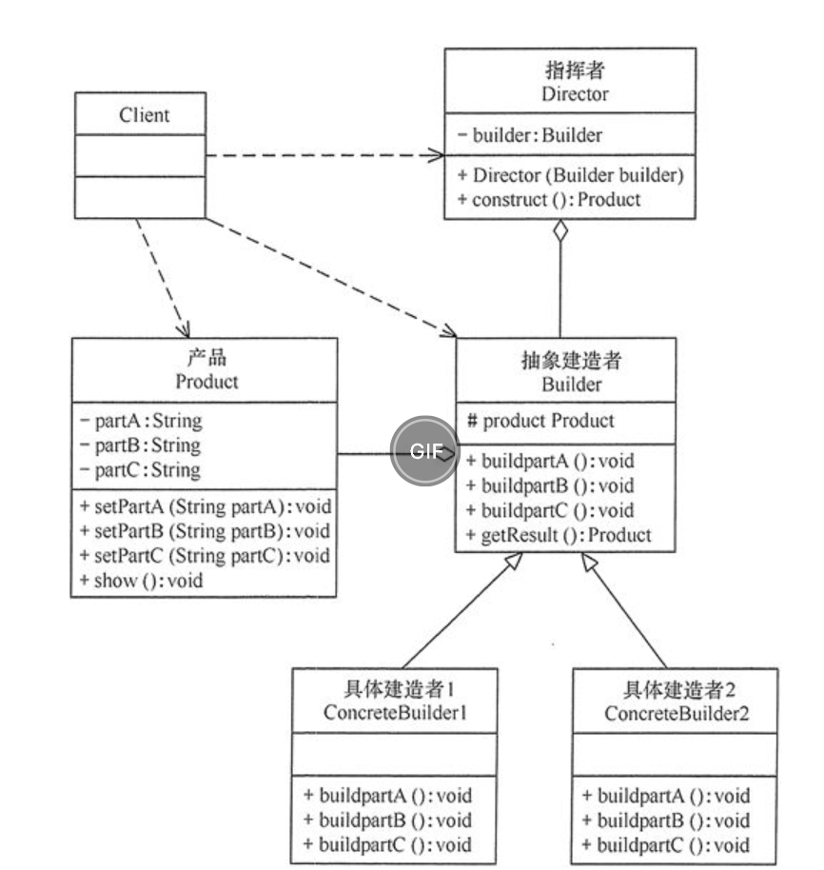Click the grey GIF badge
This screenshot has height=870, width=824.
coord(425,450)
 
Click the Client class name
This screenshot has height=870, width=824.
coord(145,115)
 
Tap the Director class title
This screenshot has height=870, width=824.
coord(575,94)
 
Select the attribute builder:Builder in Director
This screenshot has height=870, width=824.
coord(531,135)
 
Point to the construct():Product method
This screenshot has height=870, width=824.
coord(549,199)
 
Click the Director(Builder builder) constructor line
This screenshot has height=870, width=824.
coord(571,175)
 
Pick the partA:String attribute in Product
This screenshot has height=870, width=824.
coord(142,421)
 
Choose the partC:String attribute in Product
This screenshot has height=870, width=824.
coord(140,470)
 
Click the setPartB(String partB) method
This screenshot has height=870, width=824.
coord(206,531)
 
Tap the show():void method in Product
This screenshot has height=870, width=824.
coord(142,581)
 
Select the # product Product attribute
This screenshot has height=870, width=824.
coord(540,421)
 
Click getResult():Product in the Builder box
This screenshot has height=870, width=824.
coord(559,535)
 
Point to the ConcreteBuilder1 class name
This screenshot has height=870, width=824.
coord(396,712)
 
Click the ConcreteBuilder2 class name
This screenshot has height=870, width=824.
coord(677,713)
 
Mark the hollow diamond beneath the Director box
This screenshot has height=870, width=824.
coord(560,230)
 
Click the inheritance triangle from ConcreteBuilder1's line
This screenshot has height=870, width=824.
coord(514,561)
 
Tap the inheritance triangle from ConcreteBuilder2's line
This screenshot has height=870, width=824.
coord(589,562)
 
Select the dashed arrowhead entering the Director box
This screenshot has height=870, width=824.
coord(436,155)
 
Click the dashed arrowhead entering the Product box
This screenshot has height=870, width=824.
coord(184,329)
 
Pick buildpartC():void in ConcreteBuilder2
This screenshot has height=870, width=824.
coord(665,845)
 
